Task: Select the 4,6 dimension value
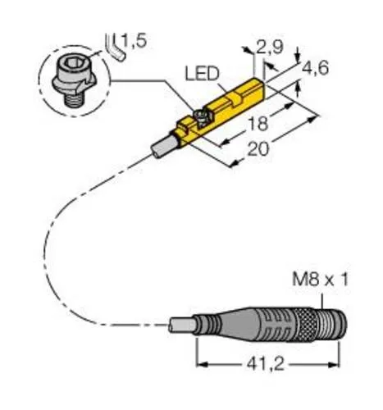(x=317, y=71)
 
